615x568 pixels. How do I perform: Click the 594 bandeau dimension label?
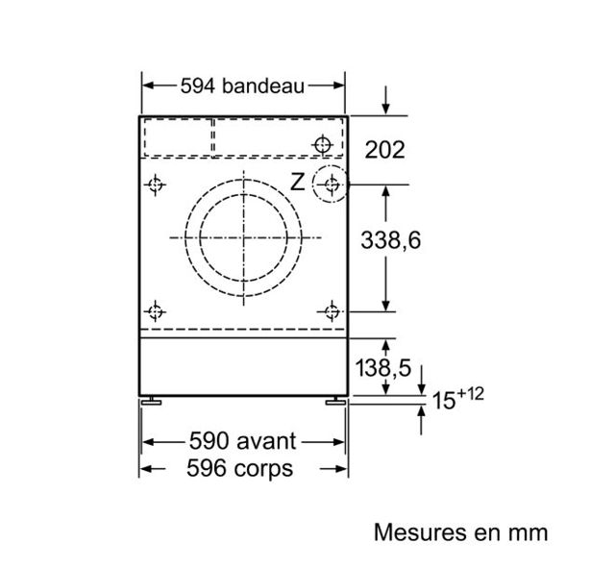pyautogui.click(x=242, y=86)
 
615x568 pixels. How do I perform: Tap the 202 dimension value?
pyautogui.click(x=384, y=150)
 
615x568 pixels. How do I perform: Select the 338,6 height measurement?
pyautogui.click(x=391, y=240)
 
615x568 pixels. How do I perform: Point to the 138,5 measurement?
pyautogui.click(x=383, y=368)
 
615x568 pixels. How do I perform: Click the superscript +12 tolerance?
pyautogui.click(x=470, y=394)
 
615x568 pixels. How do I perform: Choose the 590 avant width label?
pyautogui.click(x=243, y=441)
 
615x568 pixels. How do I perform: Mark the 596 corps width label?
pyautogui.click(x=239, y=468)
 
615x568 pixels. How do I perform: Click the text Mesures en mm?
pyautogui.click(x=461, y=532)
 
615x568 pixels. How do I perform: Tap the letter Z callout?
pyautogui.click(x=298, y=182)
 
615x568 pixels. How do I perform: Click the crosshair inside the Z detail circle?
pyautogui.click(x=332, y=184)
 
